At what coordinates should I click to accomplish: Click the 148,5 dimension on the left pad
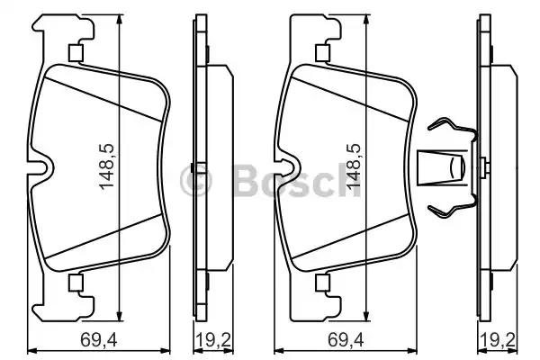click(106, 166)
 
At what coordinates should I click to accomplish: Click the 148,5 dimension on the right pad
click(354, 166)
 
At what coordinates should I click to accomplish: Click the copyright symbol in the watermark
click(195, 180)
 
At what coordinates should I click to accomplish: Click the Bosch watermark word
click(296, 180)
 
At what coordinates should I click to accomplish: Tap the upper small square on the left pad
click(76, 53)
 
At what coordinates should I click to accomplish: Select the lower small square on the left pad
click(76, 283)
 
